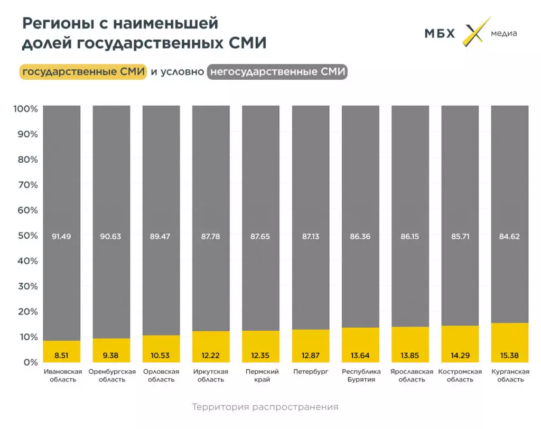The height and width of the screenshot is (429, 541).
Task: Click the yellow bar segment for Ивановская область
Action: (62, 351)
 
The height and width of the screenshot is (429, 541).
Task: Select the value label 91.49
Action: (62, 236)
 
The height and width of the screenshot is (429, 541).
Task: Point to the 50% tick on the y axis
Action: (26, 236)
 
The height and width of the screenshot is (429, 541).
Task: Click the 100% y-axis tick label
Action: (26, 109)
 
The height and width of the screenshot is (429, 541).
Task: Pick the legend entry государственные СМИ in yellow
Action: (83, 72)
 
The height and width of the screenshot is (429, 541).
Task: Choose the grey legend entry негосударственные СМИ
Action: (277, 72)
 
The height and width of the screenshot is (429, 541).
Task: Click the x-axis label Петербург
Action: (311, 372)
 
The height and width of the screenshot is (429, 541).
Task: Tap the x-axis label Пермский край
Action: (261, 376)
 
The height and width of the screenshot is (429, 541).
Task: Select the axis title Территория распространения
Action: (265, 407)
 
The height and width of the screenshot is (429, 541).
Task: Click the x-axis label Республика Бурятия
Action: (360, 376)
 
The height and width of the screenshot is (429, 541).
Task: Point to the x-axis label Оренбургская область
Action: (111, 376)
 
